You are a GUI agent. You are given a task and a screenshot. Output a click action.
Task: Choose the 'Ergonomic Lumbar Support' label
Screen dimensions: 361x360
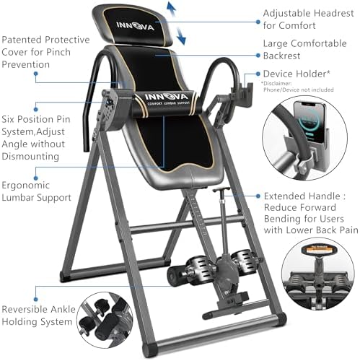tap(36, 191)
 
